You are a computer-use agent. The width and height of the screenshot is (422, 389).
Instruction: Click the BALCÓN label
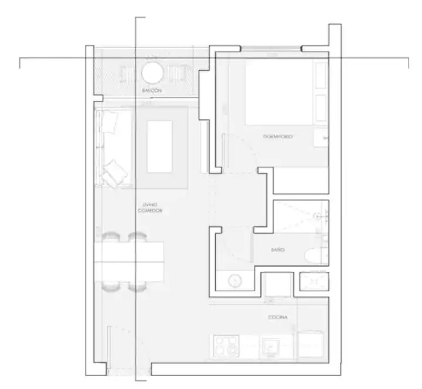[x=152, y=92]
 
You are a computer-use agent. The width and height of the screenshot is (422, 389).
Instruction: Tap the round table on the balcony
[x=153, y=73]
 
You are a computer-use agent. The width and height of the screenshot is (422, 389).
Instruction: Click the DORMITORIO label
[x=278, y=137]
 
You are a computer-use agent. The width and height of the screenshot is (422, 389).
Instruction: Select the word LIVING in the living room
[x=149, y=204]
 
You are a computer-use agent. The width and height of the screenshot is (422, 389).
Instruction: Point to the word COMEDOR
[x=149, y=210]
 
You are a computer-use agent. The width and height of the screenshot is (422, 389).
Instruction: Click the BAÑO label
[x=278, y=250]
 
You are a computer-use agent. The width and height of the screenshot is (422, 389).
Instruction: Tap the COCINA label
[x=278, y=317]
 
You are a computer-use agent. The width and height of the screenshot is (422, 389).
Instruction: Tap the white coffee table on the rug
[x=160, y=145]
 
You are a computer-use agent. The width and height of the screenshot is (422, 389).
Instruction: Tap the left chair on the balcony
[x=128, y=73]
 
